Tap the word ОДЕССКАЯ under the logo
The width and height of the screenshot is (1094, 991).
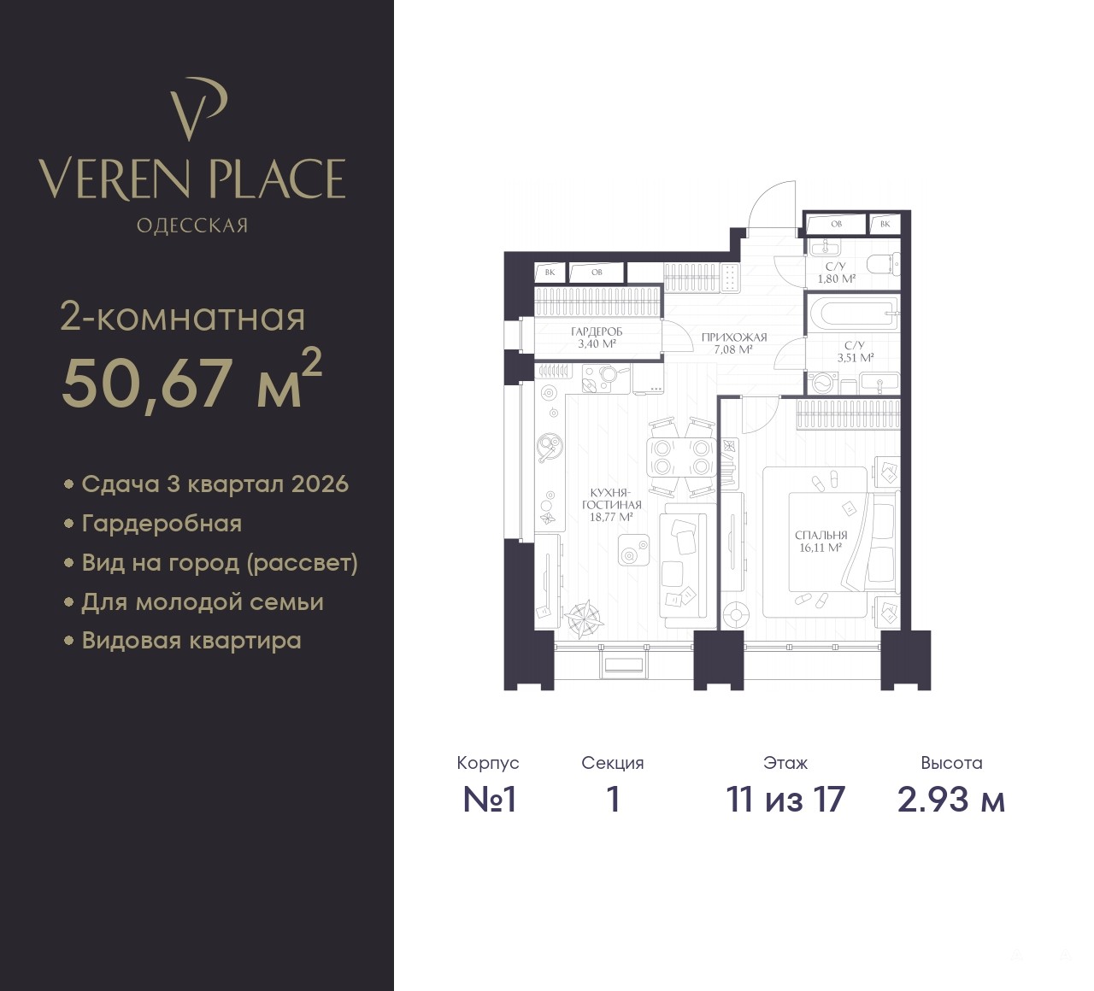[192, 226]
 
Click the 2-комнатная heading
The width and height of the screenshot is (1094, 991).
[182, 317]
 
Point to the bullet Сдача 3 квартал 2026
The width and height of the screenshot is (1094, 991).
[207, 484]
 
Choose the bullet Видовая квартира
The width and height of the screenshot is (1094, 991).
[183, 641]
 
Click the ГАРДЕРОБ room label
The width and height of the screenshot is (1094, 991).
[597, 331]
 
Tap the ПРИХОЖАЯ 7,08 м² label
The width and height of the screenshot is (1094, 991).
[734, 343]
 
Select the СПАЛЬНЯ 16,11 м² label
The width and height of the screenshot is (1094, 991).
[820, 542]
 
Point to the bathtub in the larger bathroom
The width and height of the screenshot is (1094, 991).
[854, 314]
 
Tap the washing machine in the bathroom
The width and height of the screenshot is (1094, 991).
[823, 383]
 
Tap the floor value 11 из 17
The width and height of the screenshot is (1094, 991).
[785, 800]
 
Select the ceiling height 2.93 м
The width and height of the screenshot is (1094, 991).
[951, 800]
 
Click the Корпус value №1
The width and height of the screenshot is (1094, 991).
[489, 800]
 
